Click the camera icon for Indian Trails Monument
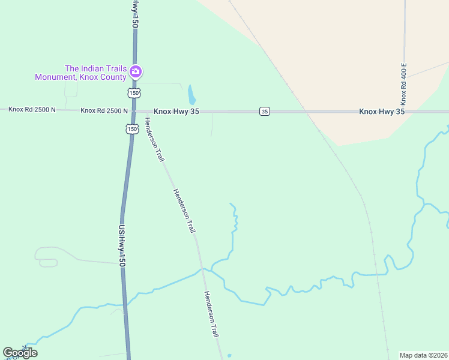click(136, 72)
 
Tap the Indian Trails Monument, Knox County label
click(81, 72)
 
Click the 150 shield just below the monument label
click(134, 93)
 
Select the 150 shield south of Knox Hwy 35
click(131, 128)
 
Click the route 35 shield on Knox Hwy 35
click(265, 111)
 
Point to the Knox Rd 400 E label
click(404, 82)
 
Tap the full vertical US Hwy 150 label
click(122, 246)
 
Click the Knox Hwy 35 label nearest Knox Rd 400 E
click(382, 112)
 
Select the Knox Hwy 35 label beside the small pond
click(176, 111)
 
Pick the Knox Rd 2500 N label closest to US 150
click(104, 110)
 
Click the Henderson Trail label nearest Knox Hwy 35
click(154, 139)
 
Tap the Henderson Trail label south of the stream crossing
click(211, 314)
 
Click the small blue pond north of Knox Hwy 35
click(191, 94)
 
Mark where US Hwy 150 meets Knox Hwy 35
click(134, 111)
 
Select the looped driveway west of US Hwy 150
click(46, 257)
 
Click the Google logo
click(20, 353)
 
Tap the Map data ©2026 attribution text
click(423, 355)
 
